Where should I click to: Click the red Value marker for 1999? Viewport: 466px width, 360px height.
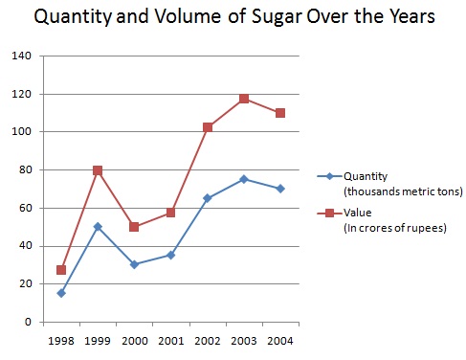click(98, 170)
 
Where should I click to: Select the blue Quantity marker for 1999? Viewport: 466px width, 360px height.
click(98, 227)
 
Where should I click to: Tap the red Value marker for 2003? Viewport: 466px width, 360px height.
click(244, 99)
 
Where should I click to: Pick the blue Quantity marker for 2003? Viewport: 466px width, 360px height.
click(244, 179)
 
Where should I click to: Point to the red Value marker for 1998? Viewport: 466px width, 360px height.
click(61, 270)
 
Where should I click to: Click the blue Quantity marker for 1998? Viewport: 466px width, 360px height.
click(61, 293)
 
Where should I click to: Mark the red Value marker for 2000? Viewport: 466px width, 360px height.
click(134, 227)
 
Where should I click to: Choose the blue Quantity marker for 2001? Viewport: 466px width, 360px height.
click(170, 255)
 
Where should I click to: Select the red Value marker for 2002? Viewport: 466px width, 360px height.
click(208, 127)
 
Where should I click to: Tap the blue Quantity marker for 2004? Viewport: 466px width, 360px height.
click(280, 189)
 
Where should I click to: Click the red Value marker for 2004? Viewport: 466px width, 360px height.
click(280, 113)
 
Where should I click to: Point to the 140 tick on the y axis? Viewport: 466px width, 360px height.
click(21, 56)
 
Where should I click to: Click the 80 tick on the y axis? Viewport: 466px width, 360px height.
click(24, 170)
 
